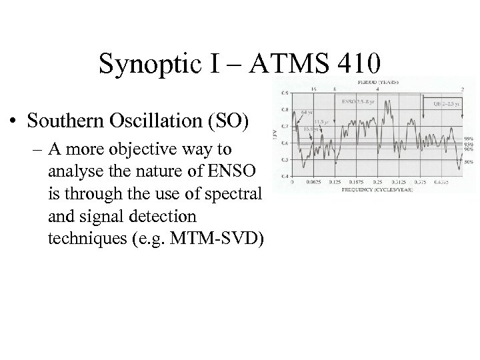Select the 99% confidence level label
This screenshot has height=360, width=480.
click(468, 137)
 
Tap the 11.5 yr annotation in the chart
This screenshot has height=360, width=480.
click(321, 122)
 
